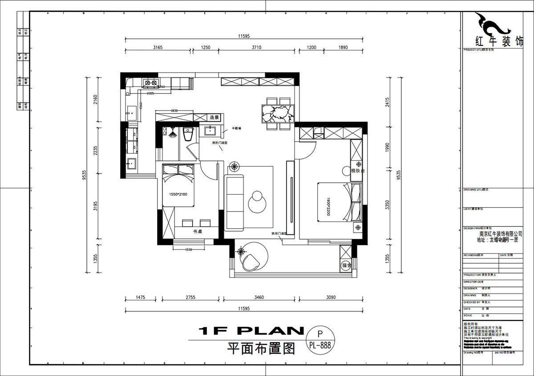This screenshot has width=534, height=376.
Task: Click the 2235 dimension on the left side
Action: [x=95, y=151]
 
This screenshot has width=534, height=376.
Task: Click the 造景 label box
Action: [x=214, y=118]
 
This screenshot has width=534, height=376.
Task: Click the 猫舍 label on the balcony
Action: [x=346, y=266]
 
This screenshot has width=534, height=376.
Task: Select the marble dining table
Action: [x=277, y=113]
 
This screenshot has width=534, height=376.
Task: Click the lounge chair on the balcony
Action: [x=251, y=262]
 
